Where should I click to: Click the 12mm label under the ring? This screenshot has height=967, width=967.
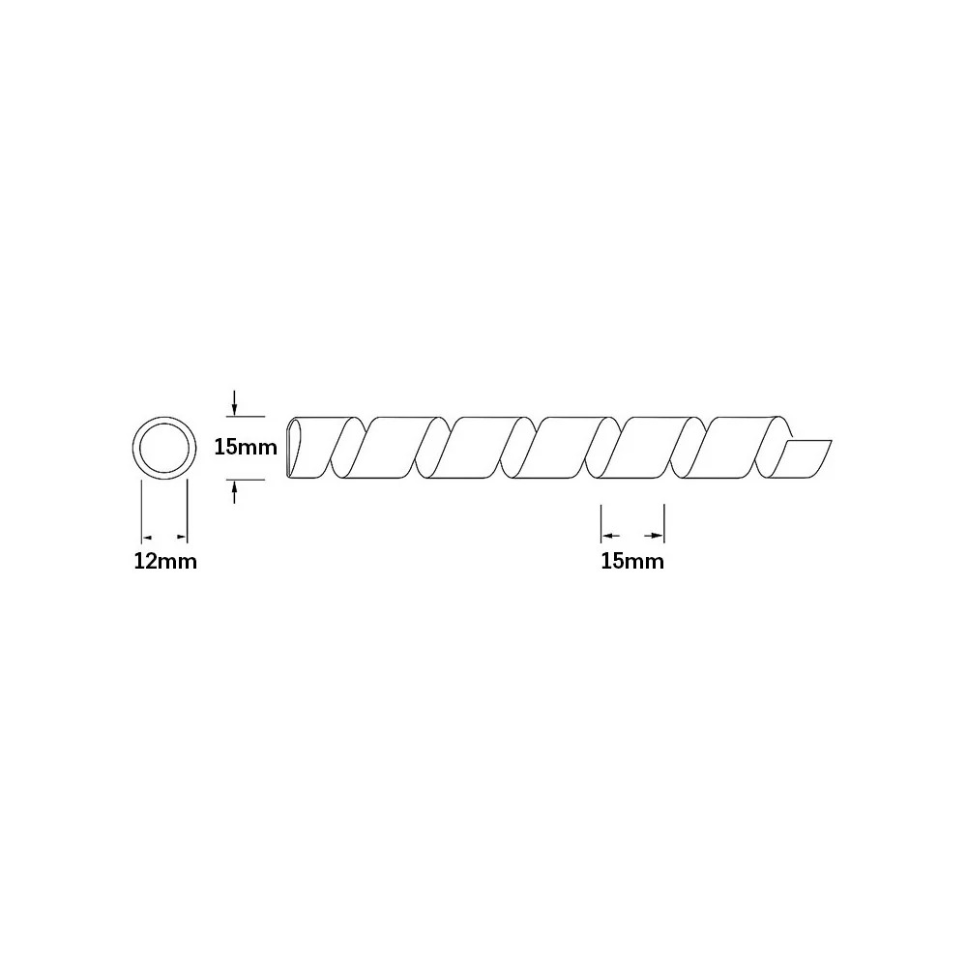click(165, 561)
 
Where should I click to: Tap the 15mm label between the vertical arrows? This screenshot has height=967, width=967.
click(246, 447)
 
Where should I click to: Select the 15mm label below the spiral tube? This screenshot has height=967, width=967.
click(632, 561)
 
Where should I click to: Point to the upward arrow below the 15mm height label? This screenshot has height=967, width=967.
click(234, 493)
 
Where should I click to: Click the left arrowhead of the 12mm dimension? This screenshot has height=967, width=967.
click(147, 538)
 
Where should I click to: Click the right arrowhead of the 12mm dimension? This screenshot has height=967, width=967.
click(182, 538)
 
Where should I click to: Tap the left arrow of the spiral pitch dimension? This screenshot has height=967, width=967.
click(610, 536)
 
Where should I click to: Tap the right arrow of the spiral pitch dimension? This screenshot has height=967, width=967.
click(654, 536)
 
